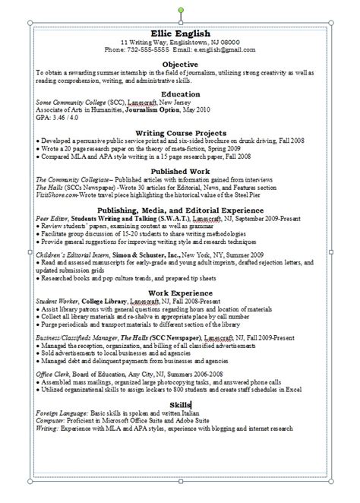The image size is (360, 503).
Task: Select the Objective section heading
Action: [x=180, y=65]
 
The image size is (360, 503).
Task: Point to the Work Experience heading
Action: [x=180, y=293]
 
